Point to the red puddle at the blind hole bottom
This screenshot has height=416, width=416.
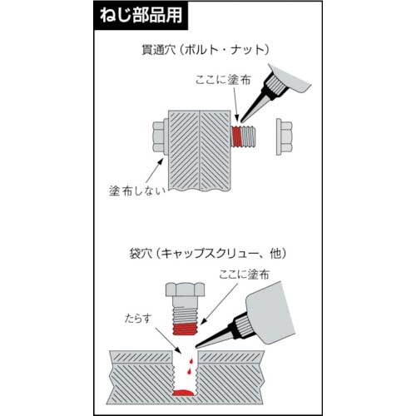185,390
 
